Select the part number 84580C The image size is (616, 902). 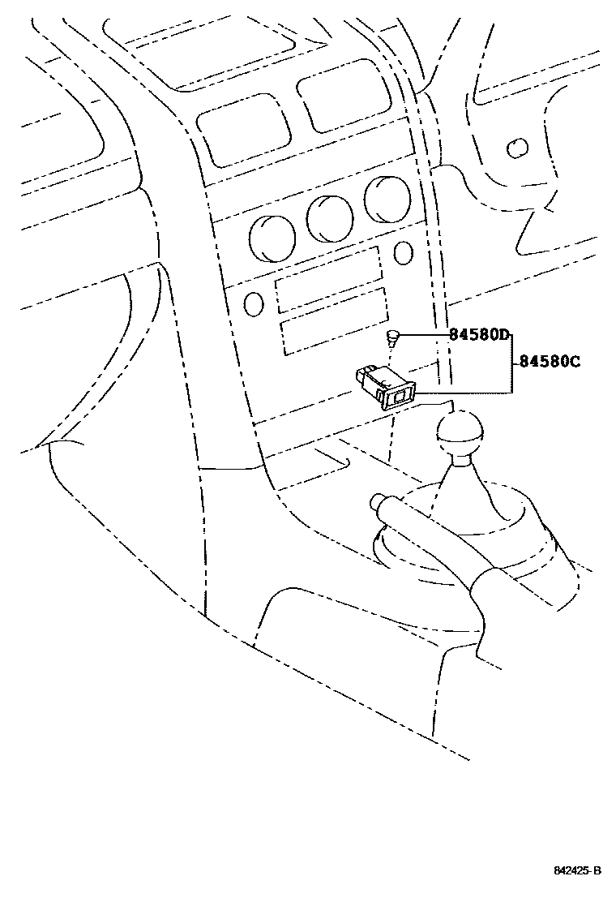click(x=550, y=362)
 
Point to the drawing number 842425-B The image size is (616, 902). click(x=577, y=871)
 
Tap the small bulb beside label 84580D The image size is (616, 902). click(x=392, y=336)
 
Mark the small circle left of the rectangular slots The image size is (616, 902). click(x=254, y=303)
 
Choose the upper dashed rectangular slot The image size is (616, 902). click(x=328, y=280)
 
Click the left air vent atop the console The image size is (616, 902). click(x=243, y=138)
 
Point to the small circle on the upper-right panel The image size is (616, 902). click(x=515, y=148)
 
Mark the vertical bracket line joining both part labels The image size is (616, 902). click(x=511, y=363)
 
